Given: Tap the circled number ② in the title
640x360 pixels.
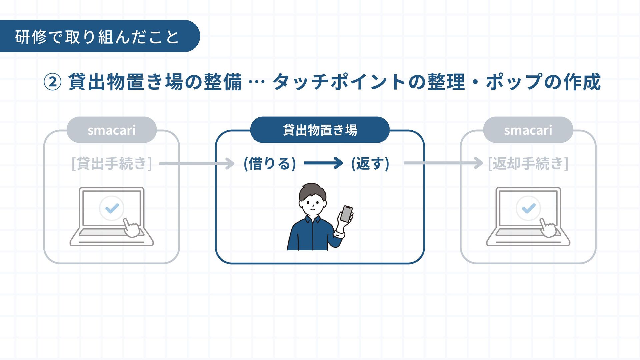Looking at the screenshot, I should tap(53, 82).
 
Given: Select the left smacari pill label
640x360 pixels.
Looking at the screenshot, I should tap(112, 130).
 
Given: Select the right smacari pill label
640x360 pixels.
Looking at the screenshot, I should tap(528, 130).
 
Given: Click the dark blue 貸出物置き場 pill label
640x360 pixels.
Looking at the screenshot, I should tap(320, 130).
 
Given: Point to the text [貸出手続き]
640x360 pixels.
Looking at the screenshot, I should tap(112, 164).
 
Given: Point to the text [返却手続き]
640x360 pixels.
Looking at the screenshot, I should tap(528, 164).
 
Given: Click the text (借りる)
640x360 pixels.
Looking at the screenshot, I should tap(270, 164).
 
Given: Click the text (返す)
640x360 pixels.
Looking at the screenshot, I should tap(370, 164).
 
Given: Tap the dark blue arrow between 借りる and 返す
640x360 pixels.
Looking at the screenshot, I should tap(323, 163).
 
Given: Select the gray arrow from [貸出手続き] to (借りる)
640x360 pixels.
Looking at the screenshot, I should tap(197, 164).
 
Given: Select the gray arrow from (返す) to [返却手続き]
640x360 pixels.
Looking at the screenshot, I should tap(443, 163).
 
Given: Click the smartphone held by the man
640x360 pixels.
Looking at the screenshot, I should tap(347, 214).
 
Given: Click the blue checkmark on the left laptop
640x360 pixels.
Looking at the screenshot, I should tap(112, 208).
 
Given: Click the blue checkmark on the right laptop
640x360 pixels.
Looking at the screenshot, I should tap(528, 208).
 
